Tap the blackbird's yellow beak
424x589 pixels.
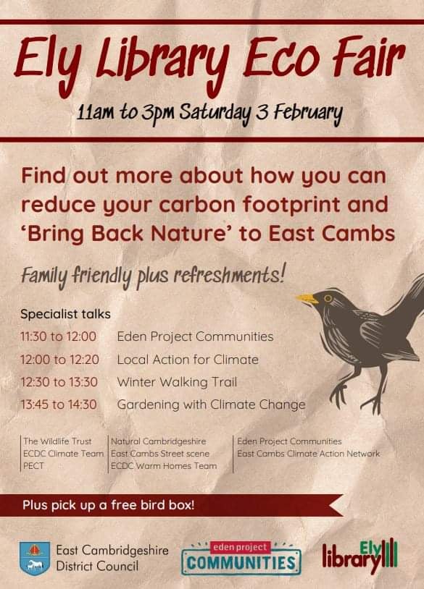tap(307, 297)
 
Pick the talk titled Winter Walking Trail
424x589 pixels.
tap(177, 381)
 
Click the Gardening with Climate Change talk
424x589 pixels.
tap(211, 404)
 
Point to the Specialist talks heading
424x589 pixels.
tap(66, 314)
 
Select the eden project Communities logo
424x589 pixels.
tap(241, 557)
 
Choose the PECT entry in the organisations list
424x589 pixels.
tap(33, 465)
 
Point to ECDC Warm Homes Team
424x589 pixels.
tap(164, 465)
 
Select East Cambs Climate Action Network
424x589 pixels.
tap(308, 453)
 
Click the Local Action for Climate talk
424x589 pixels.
tap(188, 359)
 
